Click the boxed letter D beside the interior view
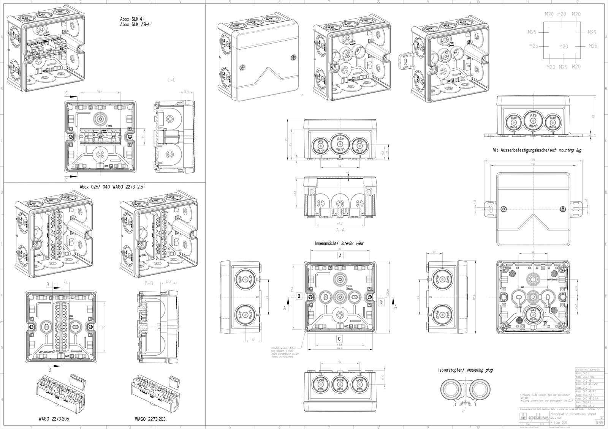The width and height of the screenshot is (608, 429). click(x=381, y=302)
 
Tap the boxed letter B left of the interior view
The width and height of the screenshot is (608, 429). click(x=299, y=296)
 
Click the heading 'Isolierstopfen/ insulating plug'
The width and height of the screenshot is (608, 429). click(x=465, y=370)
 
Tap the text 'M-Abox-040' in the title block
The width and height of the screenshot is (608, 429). click(x=559, y=423)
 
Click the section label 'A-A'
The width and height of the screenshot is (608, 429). click(x=340, y=230)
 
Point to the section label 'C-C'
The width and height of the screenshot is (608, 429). click(x=171, y=80)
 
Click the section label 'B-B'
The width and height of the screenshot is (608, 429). click(x=149, y=283)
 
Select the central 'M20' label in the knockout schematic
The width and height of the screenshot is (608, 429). click(x=563, y=46)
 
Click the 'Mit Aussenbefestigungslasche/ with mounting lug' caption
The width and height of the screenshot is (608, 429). click(x=537, y=150)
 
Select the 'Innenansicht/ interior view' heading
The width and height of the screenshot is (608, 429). click(x=339, y=243)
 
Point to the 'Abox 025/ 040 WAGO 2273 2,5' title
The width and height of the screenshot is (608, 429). click(x=112, y=187)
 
